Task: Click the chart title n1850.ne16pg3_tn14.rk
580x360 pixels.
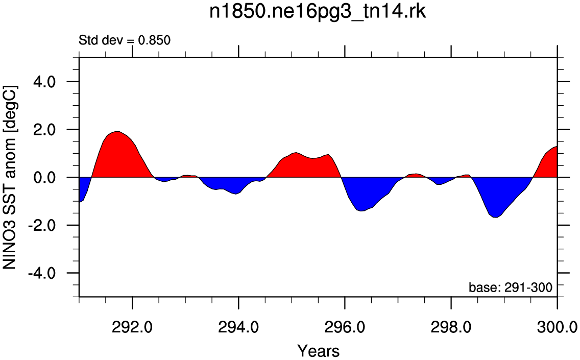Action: point(318,11)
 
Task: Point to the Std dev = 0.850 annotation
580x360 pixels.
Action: point(125,40)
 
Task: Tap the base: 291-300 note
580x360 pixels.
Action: point(511,287)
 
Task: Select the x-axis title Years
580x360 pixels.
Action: point(318,350)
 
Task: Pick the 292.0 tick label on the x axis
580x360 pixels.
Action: point(133,327)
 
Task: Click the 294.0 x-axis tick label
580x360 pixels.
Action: point(238,327)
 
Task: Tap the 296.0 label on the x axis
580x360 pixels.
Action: point(345,327)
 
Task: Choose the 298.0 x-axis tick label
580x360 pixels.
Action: point(451,327)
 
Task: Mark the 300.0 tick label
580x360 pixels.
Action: point(557,327)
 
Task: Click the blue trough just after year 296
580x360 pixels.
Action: point(365,193)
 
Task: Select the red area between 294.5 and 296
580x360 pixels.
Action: point(303,166)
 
